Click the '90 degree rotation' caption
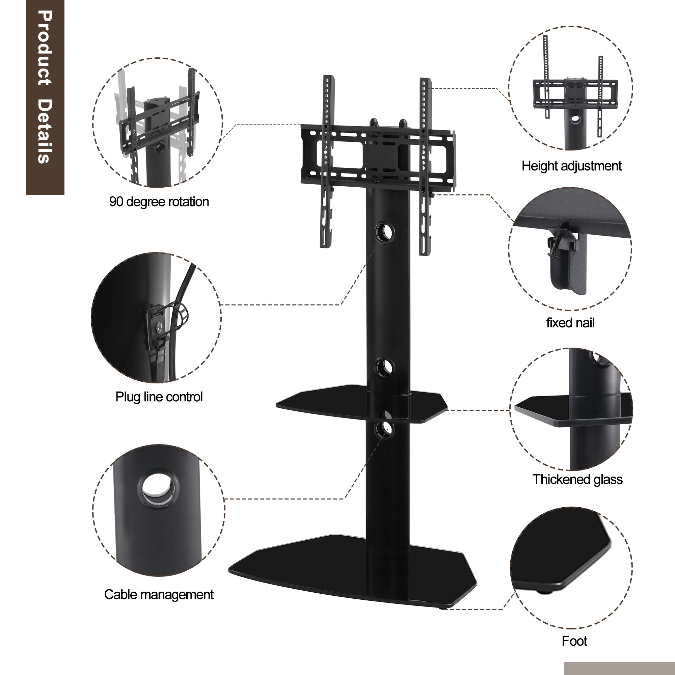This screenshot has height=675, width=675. tap(159, 201)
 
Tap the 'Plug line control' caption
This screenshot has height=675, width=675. tap(159, 397)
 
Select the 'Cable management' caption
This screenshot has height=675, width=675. tap(159, 595)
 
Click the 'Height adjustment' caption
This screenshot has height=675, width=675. tap(572, 166)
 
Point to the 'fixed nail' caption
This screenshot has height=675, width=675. tap(570, 323)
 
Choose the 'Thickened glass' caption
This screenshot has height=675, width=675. tap(577, 479)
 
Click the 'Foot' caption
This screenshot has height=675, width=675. tap(574, 641)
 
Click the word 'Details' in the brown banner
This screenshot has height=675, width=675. tap(46, 131)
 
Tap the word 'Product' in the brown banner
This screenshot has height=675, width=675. tap(46, 48)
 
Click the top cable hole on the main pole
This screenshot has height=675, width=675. tap(385, 232)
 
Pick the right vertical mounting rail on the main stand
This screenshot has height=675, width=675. tap(426, 167)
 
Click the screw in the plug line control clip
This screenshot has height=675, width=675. tap(160, 327)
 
